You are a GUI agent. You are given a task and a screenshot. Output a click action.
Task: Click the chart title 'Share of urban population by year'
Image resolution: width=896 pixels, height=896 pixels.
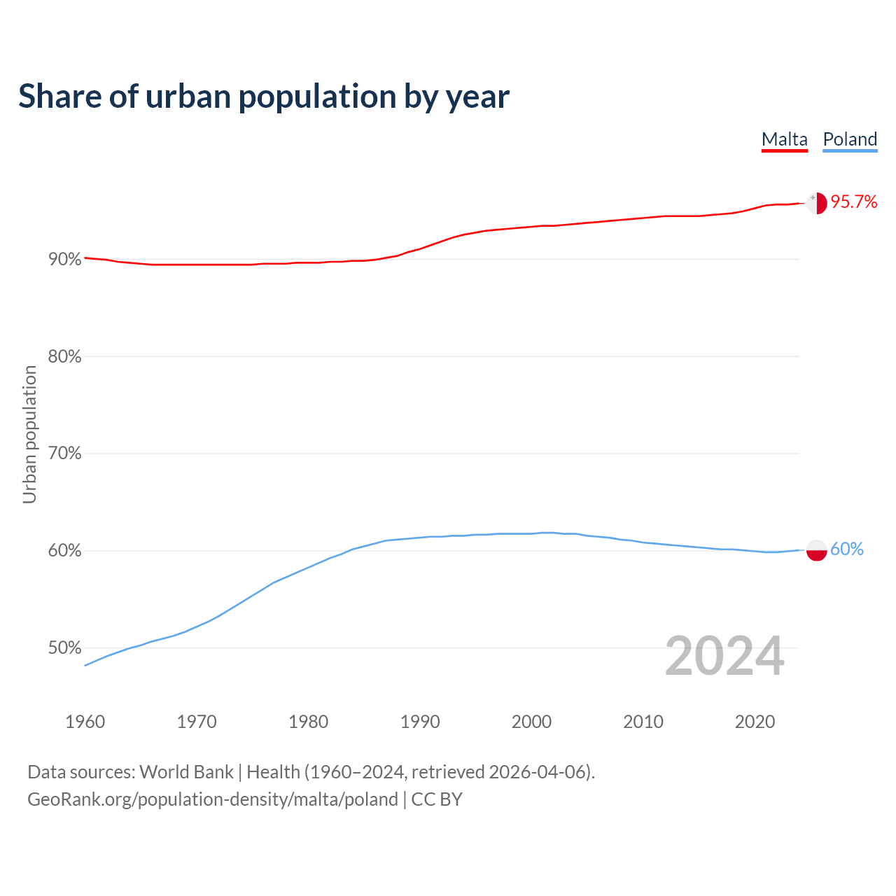click(x=264, y=97)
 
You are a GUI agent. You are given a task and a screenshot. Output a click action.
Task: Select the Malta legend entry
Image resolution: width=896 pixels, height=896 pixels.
click(x=784, y=139)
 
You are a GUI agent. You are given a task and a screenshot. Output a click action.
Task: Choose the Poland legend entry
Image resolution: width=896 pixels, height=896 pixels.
click(x=850, y=139)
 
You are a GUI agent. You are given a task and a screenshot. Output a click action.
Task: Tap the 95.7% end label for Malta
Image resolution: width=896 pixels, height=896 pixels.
click(x=854, y=202)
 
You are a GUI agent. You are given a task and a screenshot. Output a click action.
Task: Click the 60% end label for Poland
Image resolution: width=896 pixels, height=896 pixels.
click(x=847, y=549)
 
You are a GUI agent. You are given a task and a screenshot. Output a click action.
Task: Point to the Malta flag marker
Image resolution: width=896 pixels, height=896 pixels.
click(x=817, y=203)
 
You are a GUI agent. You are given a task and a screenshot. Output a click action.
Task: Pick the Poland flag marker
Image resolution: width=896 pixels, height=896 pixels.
click(x=817, y=550)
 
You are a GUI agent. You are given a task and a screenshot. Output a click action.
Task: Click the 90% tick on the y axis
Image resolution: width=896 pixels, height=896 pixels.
click(x=65, y=260)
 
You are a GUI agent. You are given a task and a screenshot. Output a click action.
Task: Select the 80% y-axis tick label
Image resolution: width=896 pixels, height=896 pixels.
click(x=65, y=357)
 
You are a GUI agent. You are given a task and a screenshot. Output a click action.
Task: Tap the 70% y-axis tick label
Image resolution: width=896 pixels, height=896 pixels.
click(x=65, y=454)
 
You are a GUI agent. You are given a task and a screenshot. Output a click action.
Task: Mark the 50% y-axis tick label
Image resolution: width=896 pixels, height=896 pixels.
click(x=65, y=648)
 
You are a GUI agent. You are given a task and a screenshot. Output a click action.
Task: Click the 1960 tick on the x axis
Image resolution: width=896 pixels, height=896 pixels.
click(x=85, y=722)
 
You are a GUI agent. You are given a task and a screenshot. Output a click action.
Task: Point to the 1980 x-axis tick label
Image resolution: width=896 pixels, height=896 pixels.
click(x=309, y=722)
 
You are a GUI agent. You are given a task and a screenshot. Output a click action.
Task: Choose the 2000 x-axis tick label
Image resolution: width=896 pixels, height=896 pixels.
click(x=532, y=722)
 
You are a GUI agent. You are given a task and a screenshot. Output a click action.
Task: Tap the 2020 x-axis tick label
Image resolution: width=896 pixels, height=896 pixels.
click(x=755, y=722)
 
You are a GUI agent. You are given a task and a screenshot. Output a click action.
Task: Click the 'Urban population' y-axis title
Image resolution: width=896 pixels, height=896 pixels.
click(x=29, y=434)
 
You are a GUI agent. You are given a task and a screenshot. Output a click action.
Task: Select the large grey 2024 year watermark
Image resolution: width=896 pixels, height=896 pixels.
click(x=724, y=657)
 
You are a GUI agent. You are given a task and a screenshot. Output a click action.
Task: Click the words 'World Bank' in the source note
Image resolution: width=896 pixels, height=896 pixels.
click(x=186, y=772)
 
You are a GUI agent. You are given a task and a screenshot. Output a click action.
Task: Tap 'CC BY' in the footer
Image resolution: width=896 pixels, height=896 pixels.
click(x=437, y=799)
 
